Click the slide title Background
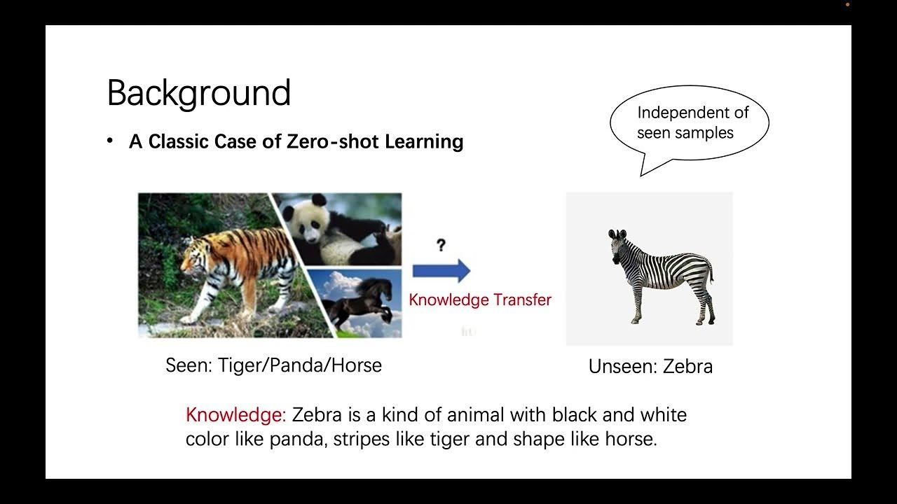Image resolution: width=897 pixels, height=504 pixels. click(198, 93)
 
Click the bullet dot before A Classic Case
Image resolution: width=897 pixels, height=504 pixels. click(110, 141)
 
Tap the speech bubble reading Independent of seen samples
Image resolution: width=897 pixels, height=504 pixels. click(690, 122)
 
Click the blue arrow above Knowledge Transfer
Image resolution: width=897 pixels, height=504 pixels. click(441, 270)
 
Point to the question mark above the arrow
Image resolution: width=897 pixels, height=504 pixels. click(441, 246)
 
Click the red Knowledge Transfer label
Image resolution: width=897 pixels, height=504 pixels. click(480, 300)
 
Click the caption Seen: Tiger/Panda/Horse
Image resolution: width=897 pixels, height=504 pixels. click(273, 365)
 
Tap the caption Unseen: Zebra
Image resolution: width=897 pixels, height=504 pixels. click(650, 367)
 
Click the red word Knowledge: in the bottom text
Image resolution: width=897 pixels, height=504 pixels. click(235, 414)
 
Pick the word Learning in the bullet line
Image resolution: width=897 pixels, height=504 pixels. click(424, 141)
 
